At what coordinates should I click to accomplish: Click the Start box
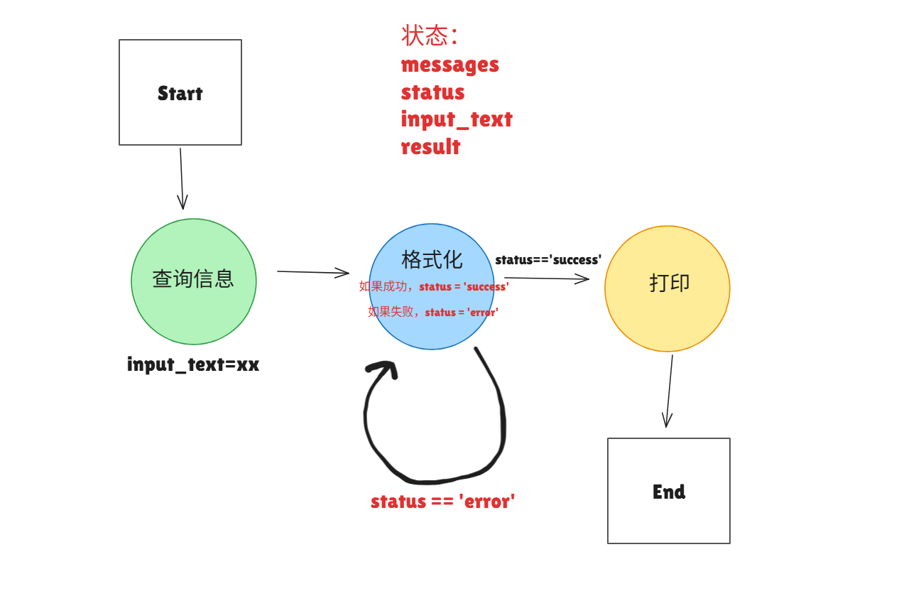[180, 92]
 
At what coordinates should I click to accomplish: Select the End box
[668, 491]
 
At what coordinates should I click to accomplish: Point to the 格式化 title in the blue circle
[432, 259]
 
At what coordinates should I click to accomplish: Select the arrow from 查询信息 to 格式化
[312, 272]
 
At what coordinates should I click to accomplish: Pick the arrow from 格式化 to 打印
[547, 278]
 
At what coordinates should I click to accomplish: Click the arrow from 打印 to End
[669, 391]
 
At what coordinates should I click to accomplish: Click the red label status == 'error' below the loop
[442, 502]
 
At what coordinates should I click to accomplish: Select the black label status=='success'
[548, 260]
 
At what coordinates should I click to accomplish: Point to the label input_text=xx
[193, 364]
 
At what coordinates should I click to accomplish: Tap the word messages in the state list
[450, 65]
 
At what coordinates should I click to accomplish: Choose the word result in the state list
[431, 147]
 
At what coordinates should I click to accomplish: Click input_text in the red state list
[457, 119]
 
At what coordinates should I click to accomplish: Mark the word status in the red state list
[433, 92]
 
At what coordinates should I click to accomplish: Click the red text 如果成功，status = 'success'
[434, 286]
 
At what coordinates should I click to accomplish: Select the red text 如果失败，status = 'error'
[433, 312]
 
